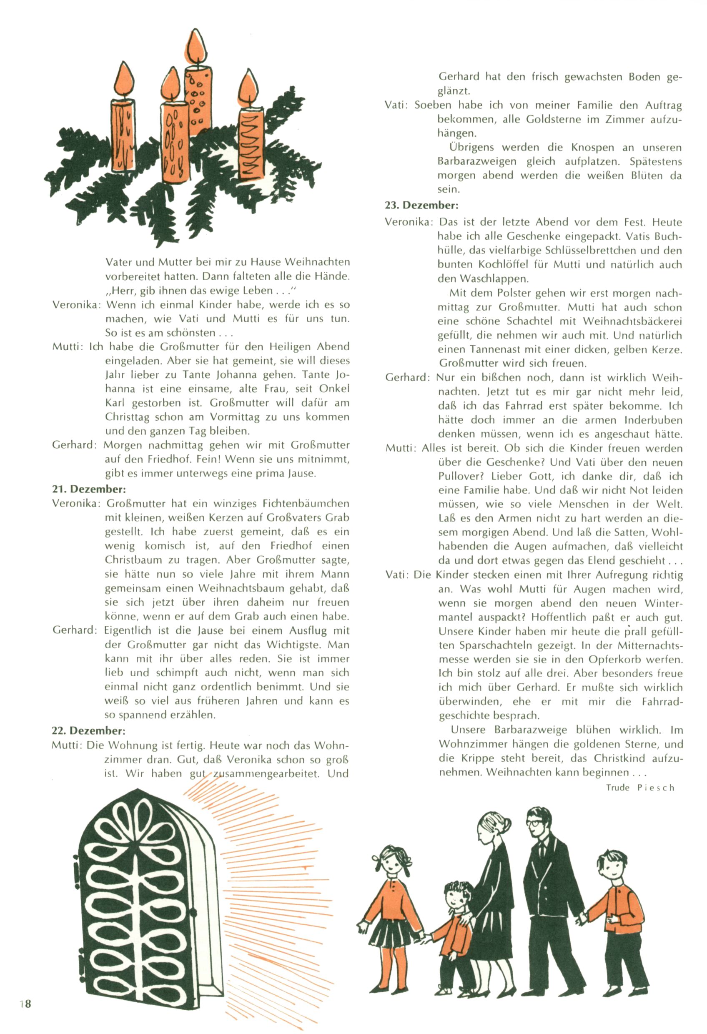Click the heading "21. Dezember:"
pyautogui.click(x=89, y=489)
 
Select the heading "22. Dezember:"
pyautogui.click(x=88, y=730)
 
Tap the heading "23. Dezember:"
pyautogui.click(x=421, y=205)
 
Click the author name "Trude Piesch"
pyautogui.click(x=640, y=788)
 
